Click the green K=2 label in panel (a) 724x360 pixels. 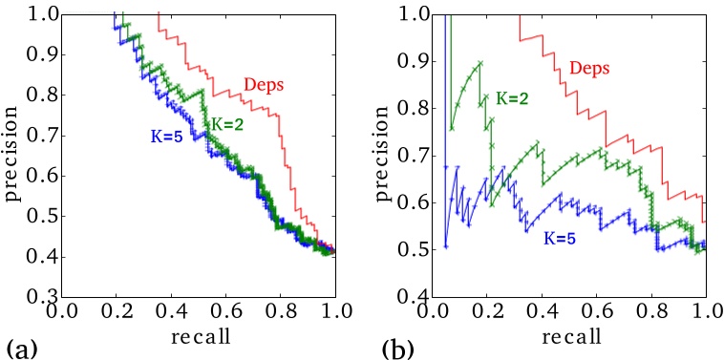pos(229,123)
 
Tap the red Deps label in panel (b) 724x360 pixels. pos(591,68)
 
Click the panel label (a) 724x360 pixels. pos(21,342)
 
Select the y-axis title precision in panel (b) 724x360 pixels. pos(383,157)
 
